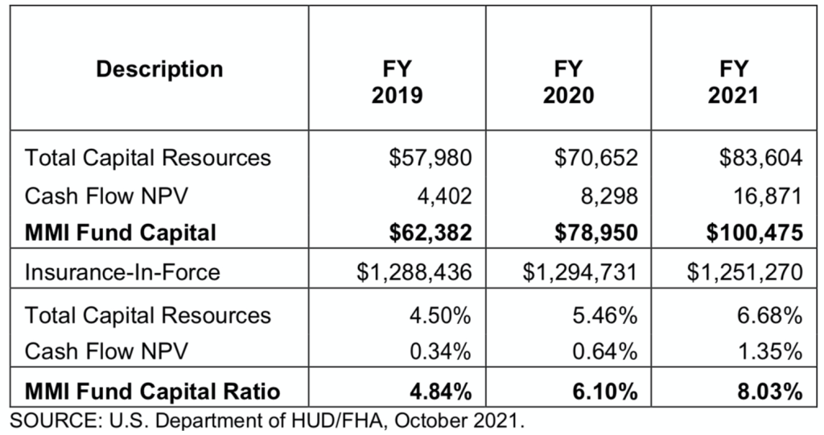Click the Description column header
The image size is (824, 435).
pos(159,69)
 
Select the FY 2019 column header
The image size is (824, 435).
pos(398,82)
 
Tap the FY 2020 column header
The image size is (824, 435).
pos(568,82)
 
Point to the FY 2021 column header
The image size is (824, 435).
pos(733,82)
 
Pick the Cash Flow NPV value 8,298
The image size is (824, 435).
pos(607,195)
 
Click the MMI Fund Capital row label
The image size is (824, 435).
pos(121,234)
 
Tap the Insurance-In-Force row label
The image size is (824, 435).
pos(122,272)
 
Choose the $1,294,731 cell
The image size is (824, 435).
pos(581,272)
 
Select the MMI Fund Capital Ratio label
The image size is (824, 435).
pos(153,392)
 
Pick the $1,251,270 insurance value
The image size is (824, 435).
pos(745,272)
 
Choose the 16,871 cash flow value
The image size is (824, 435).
pos(772,195)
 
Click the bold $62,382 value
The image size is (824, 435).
pos(428,234)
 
